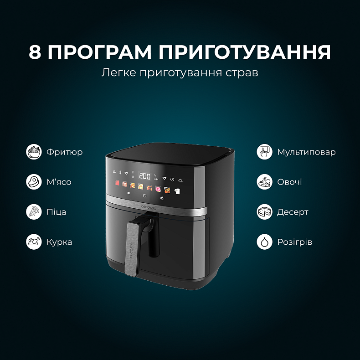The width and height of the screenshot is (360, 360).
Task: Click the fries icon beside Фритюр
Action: click(x=34, y=152)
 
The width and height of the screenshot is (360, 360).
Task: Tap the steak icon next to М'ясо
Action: click(x=34, y=182)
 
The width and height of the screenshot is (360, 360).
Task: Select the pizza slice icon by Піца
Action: click(x=34, y=212)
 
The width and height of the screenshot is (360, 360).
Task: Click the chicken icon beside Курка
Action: click(x=34, y=242)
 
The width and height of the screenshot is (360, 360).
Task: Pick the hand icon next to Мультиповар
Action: click(x=264, y=152)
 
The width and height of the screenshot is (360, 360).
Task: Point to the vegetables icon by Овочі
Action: click(x=264, y=182)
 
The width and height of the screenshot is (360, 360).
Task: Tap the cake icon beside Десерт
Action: click(x=264, y=212)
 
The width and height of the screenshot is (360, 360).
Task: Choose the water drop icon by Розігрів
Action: click(x=264, y=242)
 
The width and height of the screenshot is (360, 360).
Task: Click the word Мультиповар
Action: click(x=306, y=152)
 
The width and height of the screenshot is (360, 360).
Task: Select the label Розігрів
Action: click(x=294, y=242)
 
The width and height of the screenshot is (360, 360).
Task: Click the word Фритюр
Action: click(x=64, y=152)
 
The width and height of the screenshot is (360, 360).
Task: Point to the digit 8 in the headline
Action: click(x=36, y=52)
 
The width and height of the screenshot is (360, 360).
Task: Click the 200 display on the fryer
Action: click(x=145, y=175)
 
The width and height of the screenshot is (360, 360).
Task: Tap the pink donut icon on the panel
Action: click(x=158, y=188)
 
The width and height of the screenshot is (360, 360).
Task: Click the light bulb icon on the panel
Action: click(x=162, y=199)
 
